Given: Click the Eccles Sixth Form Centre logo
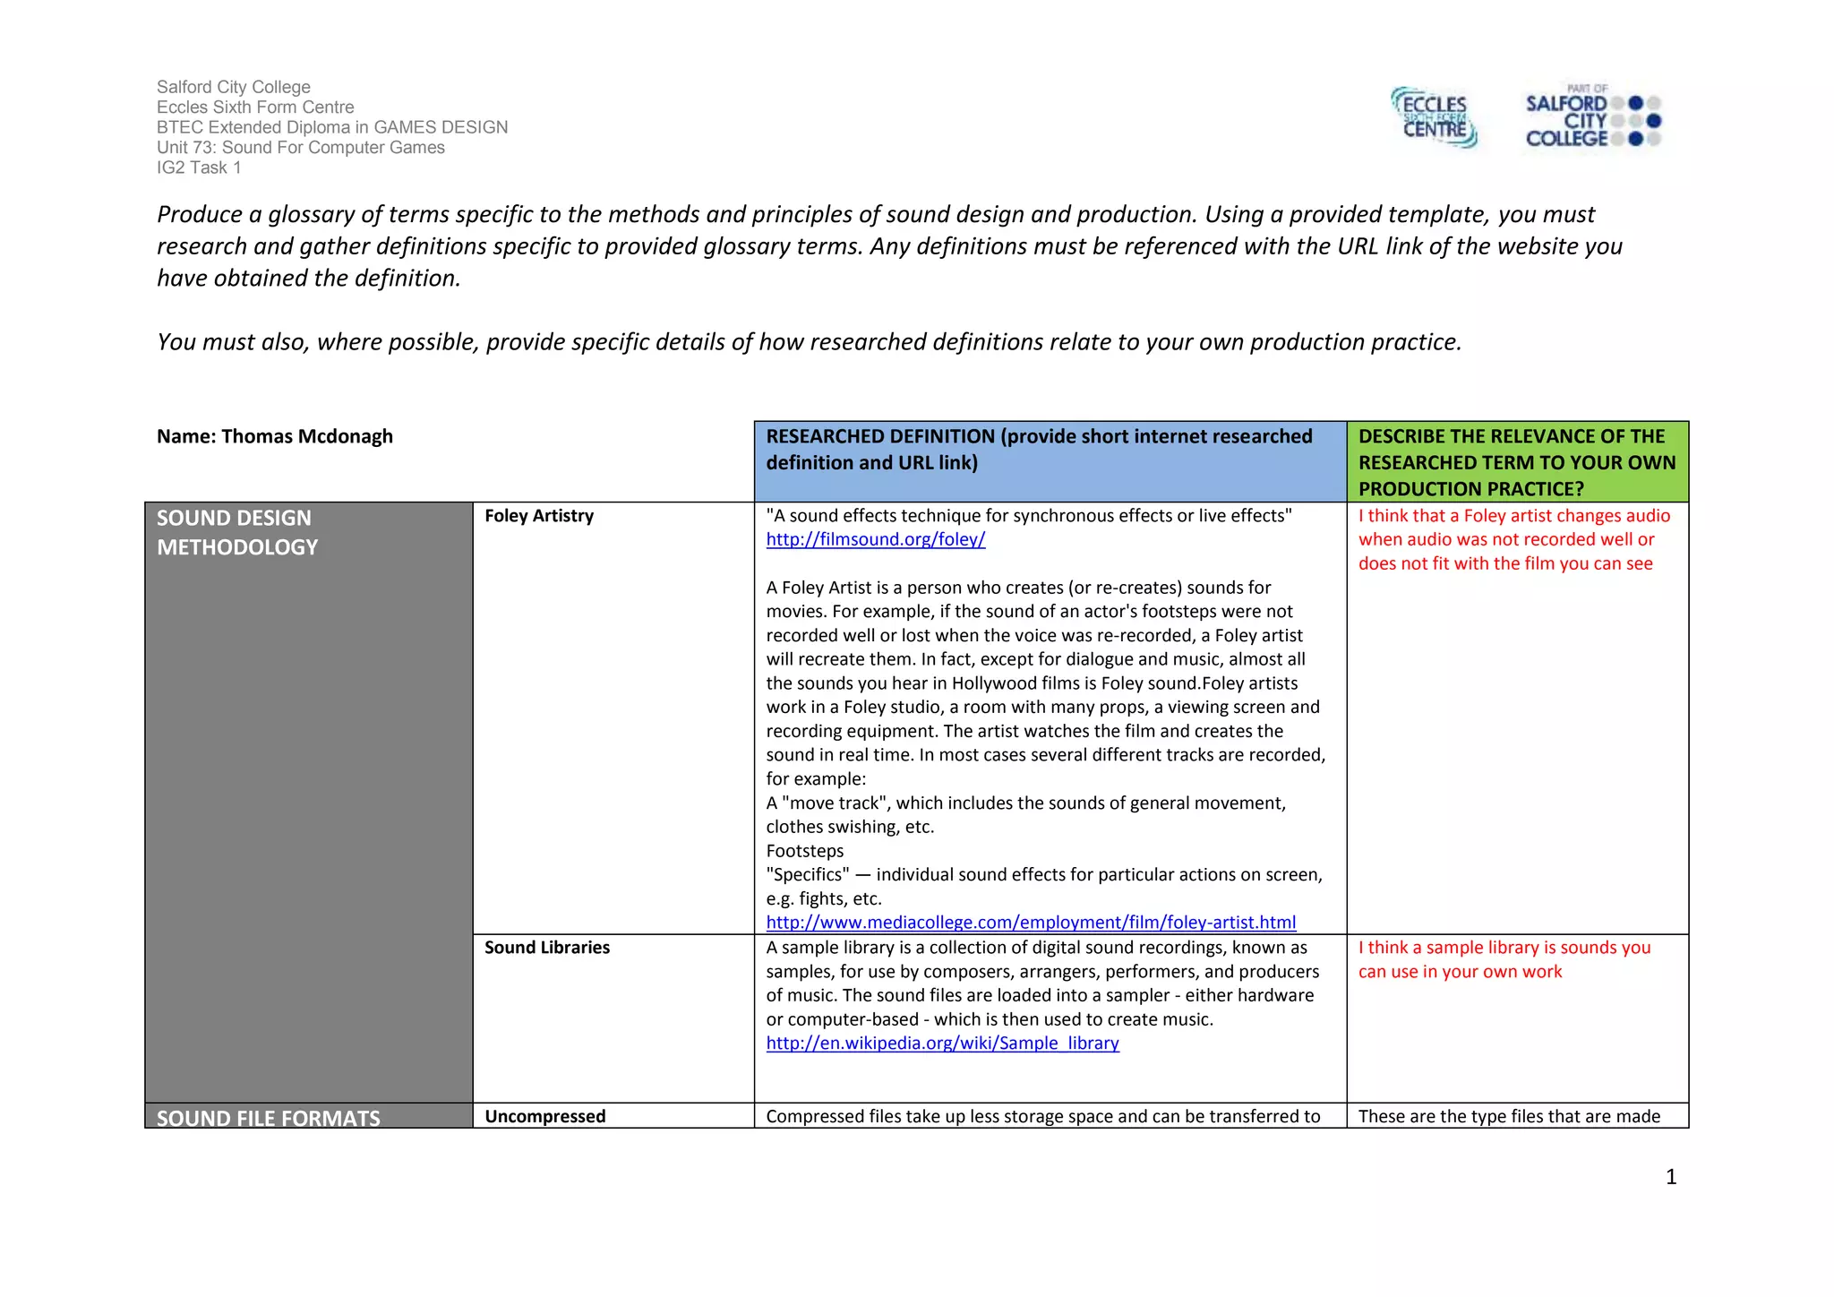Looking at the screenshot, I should [x=1434, y=117].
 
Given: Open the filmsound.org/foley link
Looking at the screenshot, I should [x=875, y=539].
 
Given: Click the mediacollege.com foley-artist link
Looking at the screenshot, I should [x=1030, y=923].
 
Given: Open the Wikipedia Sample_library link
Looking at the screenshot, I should [x=942, y=1044].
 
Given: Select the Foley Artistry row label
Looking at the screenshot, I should [x=538, y=516].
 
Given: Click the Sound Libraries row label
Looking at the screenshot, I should [x=546, y=948].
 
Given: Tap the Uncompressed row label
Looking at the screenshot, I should [x=544, y=1116].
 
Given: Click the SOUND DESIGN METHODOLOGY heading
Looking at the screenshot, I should [x=236, y=532].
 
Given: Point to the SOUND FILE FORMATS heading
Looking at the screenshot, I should [x=268, y=1118].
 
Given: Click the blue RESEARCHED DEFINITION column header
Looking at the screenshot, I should [x=1039, y=450].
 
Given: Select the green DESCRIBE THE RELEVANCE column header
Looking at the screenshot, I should [x=1516, y=462].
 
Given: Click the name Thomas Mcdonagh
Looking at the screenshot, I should [x=306, y=436].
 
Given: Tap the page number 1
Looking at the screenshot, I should [x=1670, y=1177].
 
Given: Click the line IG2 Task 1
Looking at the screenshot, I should [x=199, y=167].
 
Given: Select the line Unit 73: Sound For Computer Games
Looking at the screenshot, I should [x=300, y=148].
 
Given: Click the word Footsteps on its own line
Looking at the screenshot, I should [x=804, y=851].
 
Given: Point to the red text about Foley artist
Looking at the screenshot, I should [x=1513, y=539].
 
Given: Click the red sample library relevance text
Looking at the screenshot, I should [x=1504, y=959].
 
